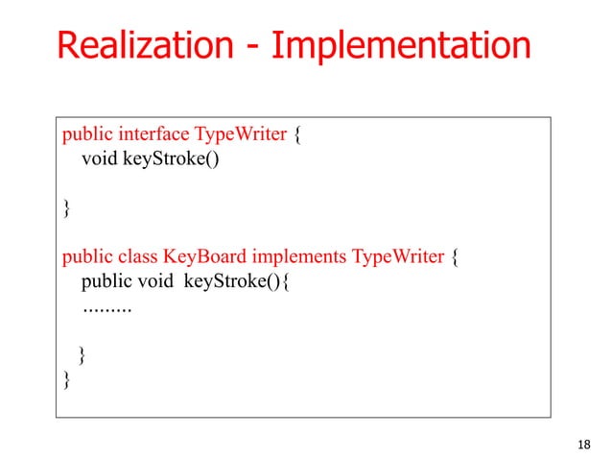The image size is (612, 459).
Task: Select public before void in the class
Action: (106, 283)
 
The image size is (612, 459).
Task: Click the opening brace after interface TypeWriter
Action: (298, 133)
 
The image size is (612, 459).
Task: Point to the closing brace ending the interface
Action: (66, 207)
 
